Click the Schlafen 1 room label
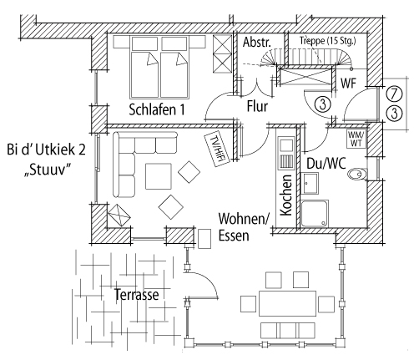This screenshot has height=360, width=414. coord(157,109)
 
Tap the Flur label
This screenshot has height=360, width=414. coord(257,106)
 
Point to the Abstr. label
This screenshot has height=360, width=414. coord(257,43)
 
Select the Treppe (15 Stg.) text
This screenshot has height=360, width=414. coord(328,41)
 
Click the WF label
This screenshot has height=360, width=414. coord(349,83)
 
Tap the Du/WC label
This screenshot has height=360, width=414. coord(326,164)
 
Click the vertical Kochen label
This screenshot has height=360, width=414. coord(286,195)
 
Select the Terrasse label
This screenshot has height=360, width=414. coord(136,295)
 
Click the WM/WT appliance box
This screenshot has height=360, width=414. coord(356,139)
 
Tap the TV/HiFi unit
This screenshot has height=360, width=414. coord(217,150)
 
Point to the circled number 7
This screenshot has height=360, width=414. coord(394,94)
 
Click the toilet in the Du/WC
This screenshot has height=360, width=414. coord(357,174)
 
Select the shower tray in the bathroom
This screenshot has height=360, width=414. coord(315,213)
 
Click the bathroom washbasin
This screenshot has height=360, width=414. coord(310,183)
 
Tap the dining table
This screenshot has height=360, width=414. coord(287,303)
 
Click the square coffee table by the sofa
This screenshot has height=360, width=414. coord(159,176)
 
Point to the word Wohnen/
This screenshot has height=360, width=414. coord(244,219)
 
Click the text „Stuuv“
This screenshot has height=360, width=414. coord(47,170)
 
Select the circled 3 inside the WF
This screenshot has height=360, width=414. coord(323,104)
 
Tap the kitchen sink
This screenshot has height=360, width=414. coord(286,145)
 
